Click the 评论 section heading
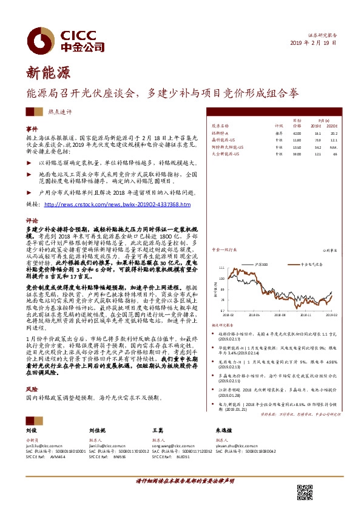32,221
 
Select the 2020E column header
333,125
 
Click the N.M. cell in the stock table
333,147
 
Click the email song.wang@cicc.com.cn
175,444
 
